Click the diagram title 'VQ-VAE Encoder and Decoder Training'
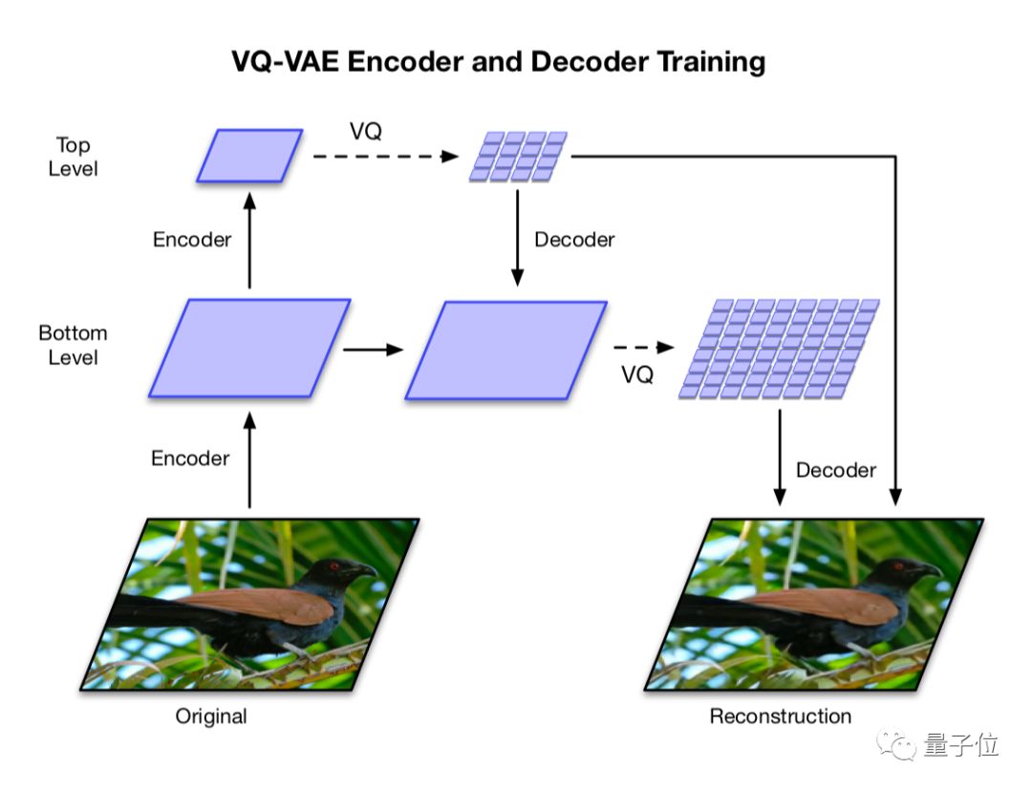pyautogui.click(x=498, y=62)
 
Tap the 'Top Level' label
pyautogui.click(x=73, y=157)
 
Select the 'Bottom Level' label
pyautogui.click(x=73, y=345)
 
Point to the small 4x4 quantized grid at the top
pyautogui.click(x=518, y=157)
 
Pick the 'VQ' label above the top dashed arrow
pyautogui.click(x=365, y=132)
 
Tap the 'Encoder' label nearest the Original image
pyautogui.click(x=190, y=459)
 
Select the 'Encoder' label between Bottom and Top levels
pyautogui.click(x=192, y=240)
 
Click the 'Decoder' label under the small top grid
pyautogui.click(x=574, y=240)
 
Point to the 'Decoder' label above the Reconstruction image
pyautogui.click(x=835, y=470)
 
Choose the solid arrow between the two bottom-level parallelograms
pyautogui.click(x=373, y=350)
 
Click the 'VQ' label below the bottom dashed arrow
pyautogui.click(x=637, y=375)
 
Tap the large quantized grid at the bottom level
pyautogui.click(x=779, y=348)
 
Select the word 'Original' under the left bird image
pyautogui.click(x=211, y=715)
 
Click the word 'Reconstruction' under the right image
pyautogui.click(x=780, y=715)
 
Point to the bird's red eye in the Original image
pyautogui.click(x=336, y=566)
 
